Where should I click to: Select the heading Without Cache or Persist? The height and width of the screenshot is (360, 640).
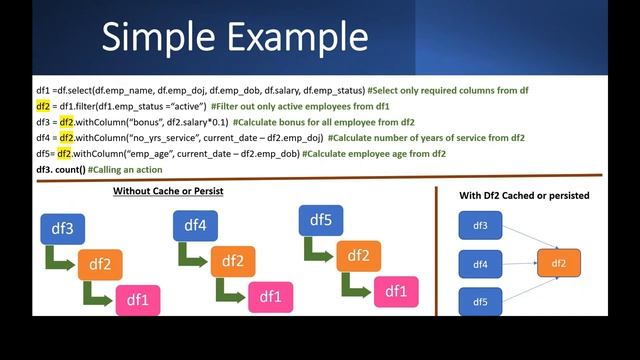(x=168, y=190)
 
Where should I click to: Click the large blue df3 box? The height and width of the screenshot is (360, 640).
(x=63, y=229)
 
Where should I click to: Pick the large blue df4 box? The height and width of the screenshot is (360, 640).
(x=196, y=226)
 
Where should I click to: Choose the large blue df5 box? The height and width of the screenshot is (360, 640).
(x=321, y=221)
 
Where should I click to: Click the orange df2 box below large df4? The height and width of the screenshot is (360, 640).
(x=232, y=261)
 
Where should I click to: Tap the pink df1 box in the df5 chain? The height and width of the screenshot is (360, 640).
(x=397, y=292)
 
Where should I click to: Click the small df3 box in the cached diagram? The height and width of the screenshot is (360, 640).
(x=480, y=227)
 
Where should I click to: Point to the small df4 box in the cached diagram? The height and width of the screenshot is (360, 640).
(x=480, y=264)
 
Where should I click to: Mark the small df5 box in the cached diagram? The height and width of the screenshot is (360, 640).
(x=480, y=301)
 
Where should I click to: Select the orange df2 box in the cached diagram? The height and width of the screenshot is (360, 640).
(x=558, y=263)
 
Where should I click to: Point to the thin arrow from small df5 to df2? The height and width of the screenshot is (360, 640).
(x=520, y=284)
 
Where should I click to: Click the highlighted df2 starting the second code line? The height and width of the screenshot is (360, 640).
(x=43, y=105)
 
